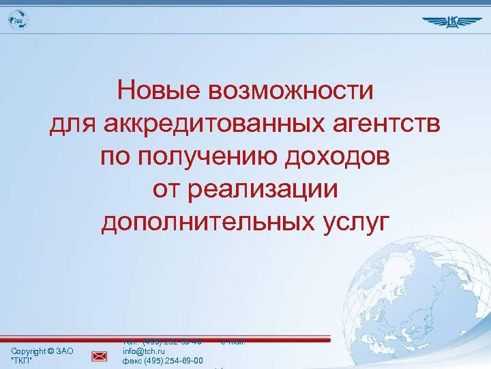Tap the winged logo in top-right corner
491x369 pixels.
point(451,21)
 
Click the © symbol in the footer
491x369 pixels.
point(52,351)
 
